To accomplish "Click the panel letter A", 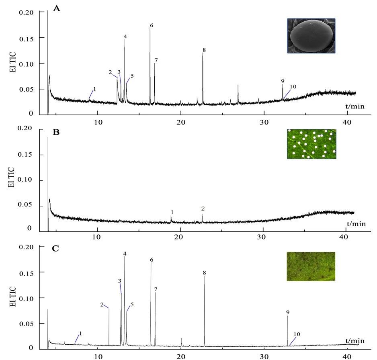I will pos(57,9).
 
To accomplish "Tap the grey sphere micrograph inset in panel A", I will pos(311,36).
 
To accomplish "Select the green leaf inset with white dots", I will pos(311,144).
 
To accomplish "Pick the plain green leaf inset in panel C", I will pos(311,266).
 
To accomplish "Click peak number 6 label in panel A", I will pos(152,26).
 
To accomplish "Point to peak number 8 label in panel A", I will pos(204,50).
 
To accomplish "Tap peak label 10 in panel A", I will pos(293,87).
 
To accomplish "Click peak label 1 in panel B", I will pos(172,212).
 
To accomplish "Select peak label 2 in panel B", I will pos(203,209).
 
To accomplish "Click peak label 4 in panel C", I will pos(125,254).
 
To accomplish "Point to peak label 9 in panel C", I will pos(288,312).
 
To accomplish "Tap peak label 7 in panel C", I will pos(156,289).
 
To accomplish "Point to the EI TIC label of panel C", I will pos(13,296).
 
